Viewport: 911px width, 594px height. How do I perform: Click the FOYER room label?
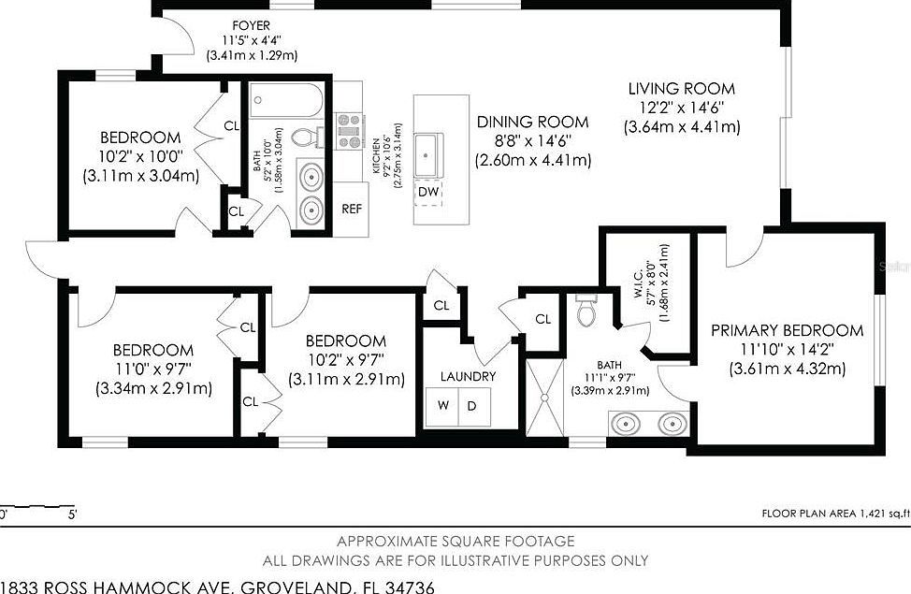click(x=252, y=24)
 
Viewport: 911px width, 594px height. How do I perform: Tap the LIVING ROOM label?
click(x=681, y=90)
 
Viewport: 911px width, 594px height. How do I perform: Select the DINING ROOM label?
click(x=532, y=122)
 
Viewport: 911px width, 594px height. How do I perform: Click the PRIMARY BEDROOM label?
click(x=787, y=330)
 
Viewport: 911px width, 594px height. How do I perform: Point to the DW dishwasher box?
click(x=428, y=192)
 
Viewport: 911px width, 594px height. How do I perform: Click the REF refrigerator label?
click(x=352, y=210)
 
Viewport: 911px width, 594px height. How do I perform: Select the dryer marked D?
click(x=471, y=406)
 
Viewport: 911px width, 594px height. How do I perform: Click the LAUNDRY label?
click(x=468, y=377)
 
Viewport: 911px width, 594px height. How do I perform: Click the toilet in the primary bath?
click(x=586, y=311)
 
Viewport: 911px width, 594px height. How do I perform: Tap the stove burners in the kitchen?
click(x=349, y=131)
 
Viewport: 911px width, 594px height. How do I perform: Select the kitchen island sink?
click(x=428, y=149)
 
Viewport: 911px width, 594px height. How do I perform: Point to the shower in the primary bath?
click(x=543, y=398)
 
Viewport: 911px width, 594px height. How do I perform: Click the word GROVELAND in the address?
click(x=297, y=587)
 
